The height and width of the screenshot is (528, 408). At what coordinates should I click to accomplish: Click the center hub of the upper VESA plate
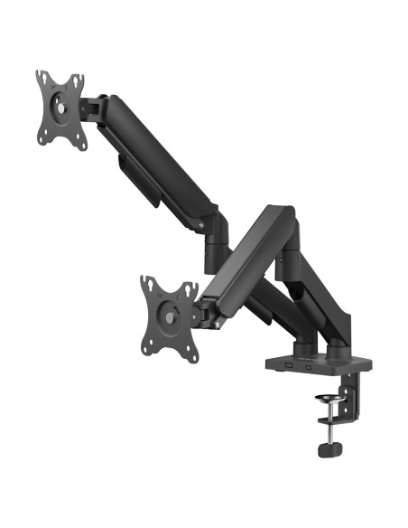pos(61,107)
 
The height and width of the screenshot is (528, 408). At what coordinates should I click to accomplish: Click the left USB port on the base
pos(286,364)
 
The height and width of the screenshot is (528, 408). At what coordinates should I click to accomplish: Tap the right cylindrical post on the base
pos(338,349)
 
